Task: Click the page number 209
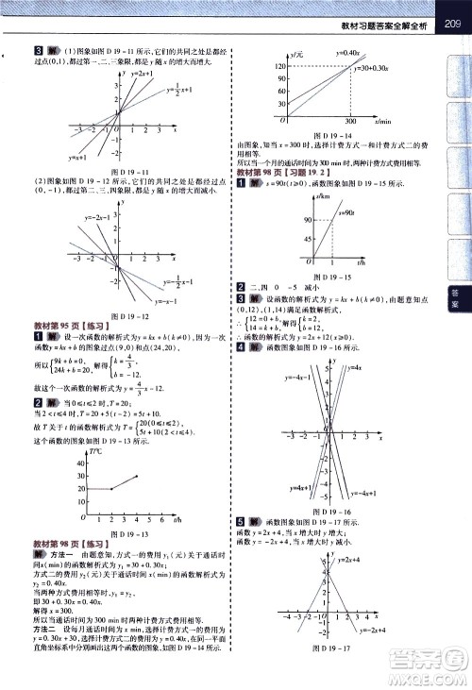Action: (447, 11)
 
